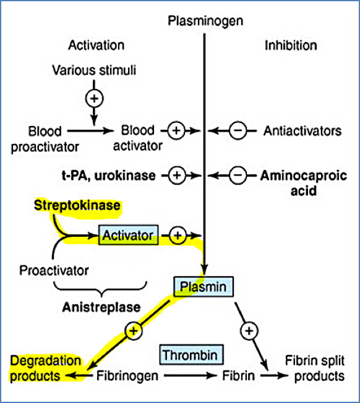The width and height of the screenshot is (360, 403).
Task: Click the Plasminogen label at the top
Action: (205, 21)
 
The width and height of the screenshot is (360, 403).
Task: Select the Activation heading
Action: (96, 45)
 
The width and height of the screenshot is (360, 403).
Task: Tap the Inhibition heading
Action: (291, 45)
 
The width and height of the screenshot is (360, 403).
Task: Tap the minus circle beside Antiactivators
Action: (238, 131)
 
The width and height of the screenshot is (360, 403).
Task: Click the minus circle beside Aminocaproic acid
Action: (238, 176)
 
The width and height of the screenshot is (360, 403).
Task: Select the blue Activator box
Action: (129, 235)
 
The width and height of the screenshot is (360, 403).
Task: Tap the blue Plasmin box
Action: (204, 286)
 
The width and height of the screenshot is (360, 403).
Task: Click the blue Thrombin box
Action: (192, 355)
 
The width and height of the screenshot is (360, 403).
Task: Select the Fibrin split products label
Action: (314, 368)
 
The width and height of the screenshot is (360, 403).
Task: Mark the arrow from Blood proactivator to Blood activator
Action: (89, 131)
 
